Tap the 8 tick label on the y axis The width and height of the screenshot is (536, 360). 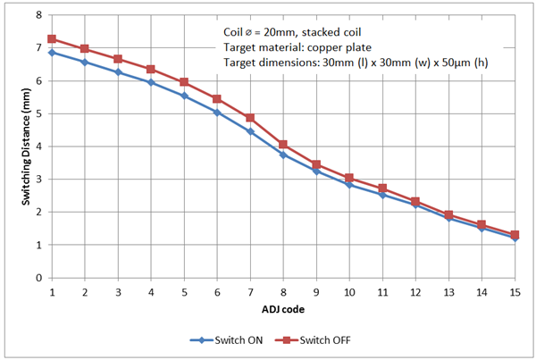coord(38,15)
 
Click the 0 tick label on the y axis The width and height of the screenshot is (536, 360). coord(38,278)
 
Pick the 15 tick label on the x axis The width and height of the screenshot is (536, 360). coord(515,291)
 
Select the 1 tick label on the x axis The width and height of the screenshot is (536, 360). coord(52,291)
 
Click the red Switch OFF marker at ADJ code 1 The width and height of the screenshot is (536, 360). coord(52,39)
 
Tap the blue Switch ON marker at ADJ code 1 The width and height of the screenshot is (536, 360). coord(52,53)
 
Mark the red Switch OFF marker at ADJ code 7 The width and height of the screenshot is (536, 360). coord(250,118)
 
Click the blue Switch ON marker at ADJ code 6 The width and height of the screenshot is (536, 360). coord(217,113)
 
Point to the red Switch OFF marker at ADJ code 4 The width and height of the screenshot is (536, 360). coord(151,69)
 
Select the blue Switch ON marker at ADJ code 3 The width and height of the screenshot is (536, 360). coord(118,71)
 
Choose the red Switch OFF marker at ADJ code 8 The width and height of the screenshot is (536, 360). coord(283,145)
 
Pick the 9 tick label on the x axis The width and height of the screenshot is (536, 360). coord(316,291)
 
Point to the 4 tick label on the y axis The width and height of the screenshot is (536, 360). coord(38,147)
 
